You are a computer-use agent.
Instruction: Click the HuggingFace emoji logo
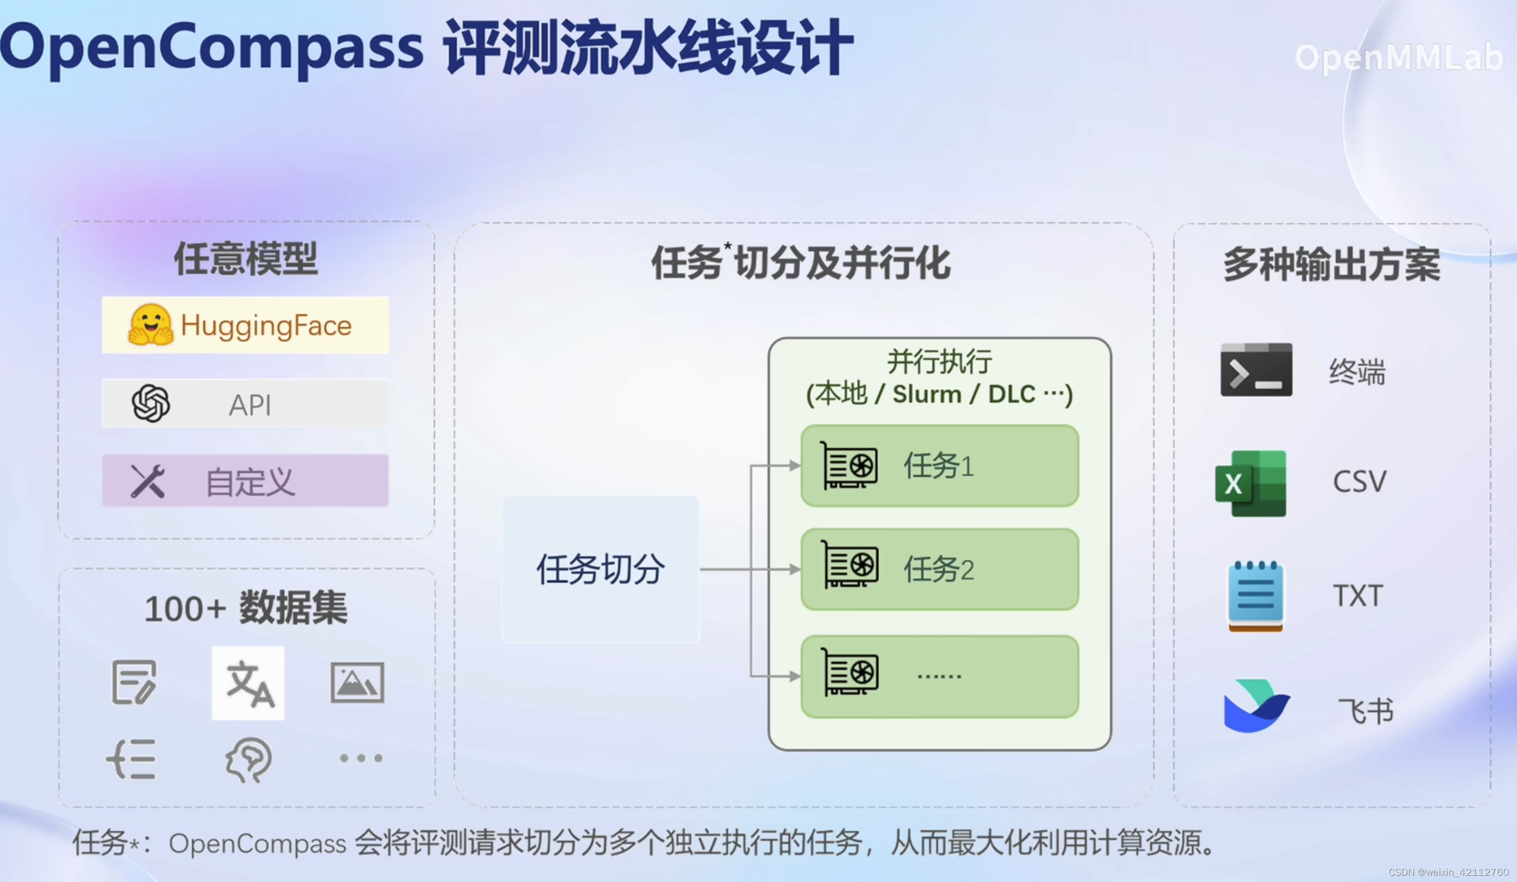151,325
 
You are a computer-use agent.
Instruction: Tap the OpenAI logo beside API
151,404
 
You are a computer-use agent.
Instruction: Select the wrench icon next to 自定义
148,481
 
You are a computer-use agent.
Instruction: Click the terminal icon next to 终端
1256,370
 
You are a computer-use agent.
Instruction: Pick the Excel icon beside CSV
1251,484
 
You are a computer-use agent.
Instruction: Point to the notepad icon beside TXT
1255,596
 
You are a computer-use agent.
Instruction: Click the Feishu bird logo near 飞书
1256,706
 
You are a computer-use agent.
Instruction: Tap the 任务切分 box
600,569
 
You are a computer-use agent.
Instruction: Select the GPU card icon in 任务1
849,465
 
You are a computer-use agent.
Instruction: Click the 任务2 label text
938,569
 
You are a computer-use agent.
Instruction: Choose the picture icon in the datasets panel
357,683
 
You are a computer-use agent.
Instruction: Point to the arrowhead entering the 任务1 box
795,465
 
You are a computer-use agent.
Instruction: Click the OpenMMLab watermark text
1398,58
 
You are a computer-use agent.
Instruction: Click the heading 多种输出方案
1332,264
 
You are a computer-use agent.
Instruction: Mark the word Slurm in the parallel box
926,394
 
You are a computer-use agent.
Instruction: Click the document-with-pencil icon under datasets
134,682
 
